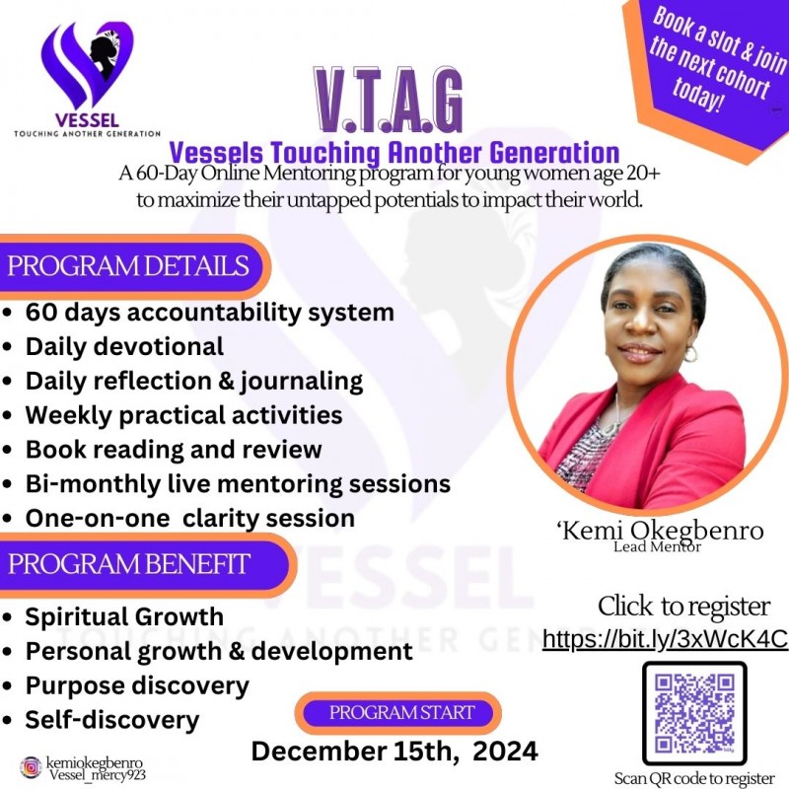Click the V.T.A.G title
[x=389, y=102]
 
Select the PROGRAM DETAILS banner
[x=128, y=266]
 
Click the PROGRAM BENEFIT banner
[x=129, y=564]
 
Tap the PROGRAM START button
[x=401, y=712]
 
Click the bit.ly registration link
[x=665, y=638]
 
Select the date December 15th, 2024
[x=394, y=752]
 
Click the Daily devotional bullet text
[x=124, y=347]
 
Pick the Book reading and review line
[x=174, y=450]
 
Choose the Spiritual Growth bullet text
[x=124, y=617]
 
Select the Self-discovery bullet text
[x=112, y=720]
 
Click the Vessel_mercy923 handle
[x=97, y=775]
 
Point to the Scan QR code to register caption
[x=694, y=778]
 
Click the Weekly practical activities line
[x=183, y=415]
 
